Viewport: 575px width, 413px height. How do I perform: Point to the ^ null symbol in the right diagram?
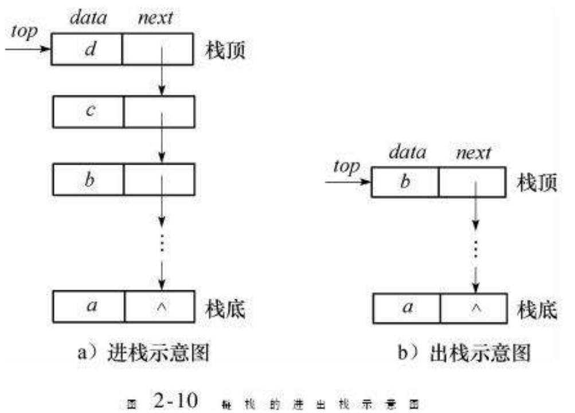pyautogui.click(x=475, y=307)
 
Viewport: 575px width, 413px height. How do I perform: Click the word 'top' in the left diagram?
pyautogui.click(x=24, y=33)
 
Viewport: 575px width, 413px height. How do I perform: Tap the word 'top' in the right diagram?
pyautogui.click(x=346, y=167)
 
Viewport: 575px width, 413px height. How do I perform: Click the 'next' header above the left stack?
pyautogui.click(x=155, y=18)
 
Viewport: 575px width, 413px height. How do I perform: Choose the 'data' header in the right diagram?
pyautogui.click(x=407, y=153)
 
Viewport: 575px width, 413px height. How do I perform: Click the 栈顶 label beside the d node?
pyautogui.click(x=225, y=52)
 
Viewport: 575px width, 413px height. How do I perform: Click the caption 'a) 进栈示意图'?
pyautogui.click(x=143, y=351)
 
